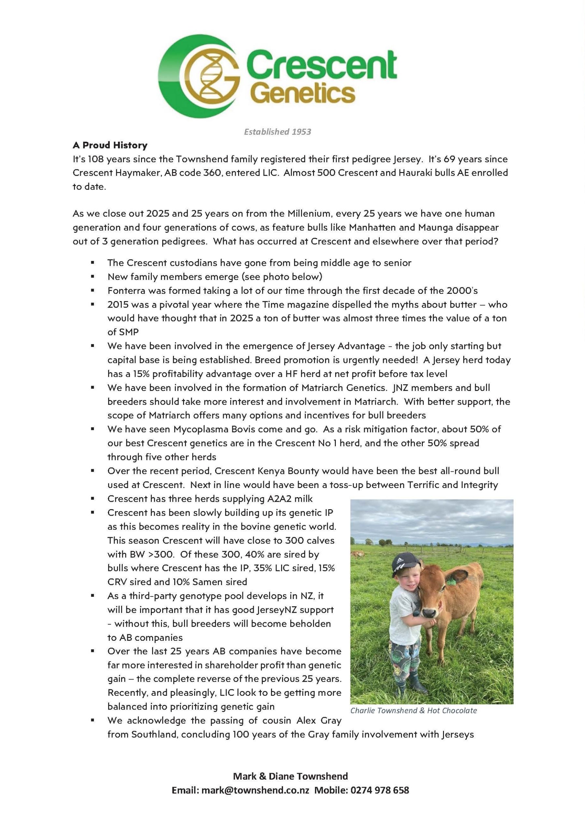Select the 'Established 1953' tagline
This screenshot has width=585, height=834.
tap(278, 132)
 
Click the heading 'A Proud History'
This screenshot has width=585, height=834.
tap(110, 145)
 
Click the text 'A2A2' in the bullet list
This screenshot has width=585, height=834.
tap(280, 499)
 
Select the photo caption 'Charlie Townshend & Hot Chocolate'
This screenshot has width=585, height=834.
tap(413, 711)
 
